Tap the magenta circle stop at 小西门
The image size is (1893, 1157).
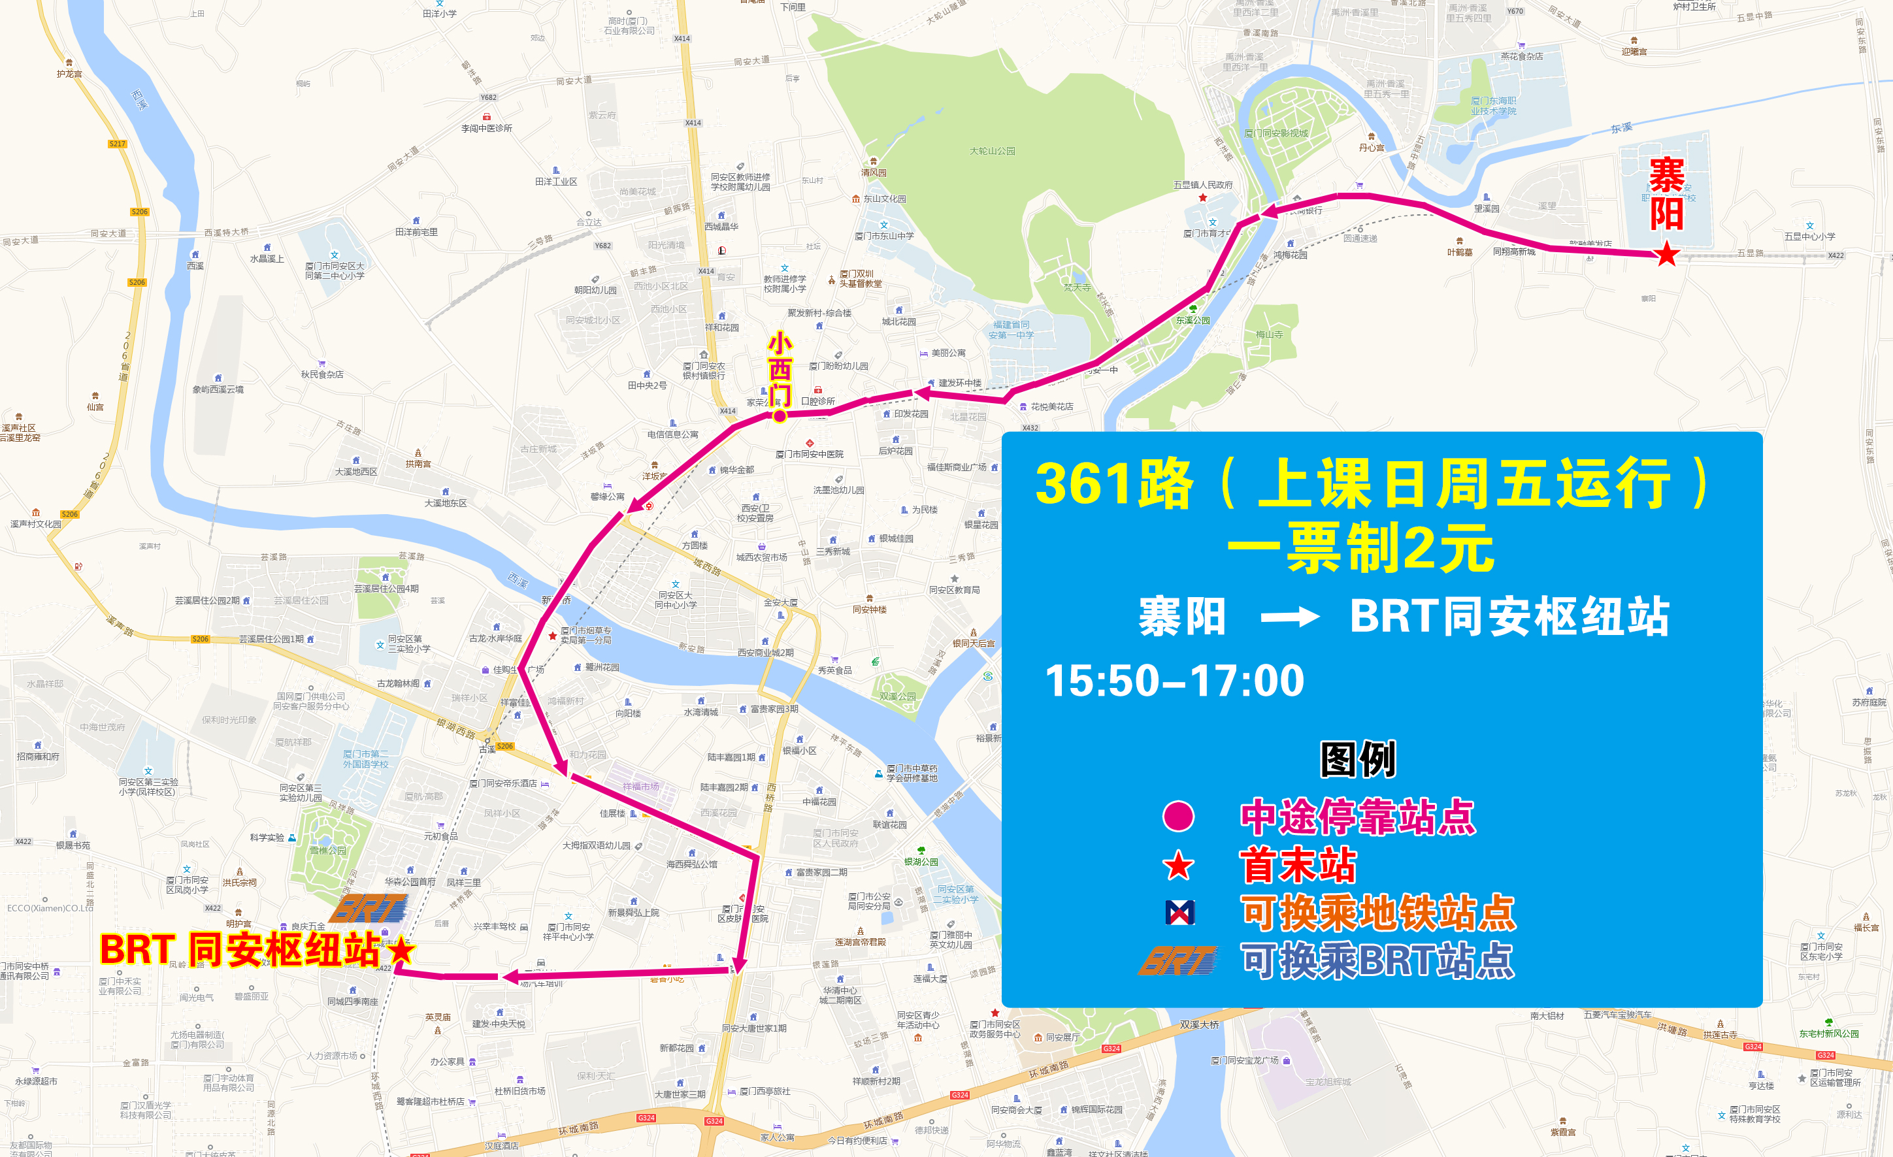pyautogui.click(x=780, y=416)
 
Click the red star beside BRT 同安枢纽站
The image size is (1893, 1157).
pyautogui.click(x=401, y=951)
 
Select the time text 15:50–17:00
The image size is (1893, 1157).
pyautogui.click(x=1175, y=681)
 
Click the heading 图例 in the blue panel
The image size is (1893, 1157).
pyautogui.click(x=1358, y=759)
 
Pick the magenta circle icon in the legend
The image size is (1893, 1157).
pyautogui.click(x=1179, y=816)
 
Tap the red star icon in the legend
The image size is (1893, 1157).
pyautogui.click(x=1179, y=866)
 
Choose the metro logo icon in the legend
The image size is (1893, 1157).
pyautogui.click(x=1179, y=913)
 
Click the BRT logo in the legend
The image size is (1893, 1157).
pyautogui.click(x=1179, y=960)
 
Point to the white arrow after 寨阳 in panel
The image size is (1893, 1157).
pyautogui.click(x=1290, y=617)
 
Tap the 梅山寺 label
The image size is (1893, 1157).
pyautogui.click(x=1269, y=334)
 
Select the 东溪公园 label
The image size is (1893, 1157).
pyautogui.click(x=1193, y=320)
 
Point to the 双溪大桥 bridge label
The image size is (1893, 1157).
pyautogui.click(x=1199, y=1024)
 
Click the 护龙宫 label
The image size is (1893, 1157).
pyautogui.click(x=69, y=74)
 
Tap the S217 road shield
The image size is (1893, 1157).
pyautogui.click(x=117, y=144)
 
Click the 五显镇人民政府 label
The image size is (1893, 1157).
pyautogui.click(x=1202, y=185)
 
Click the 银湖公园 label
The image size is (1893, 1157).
pyautogui.click(x=921, y=862)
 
